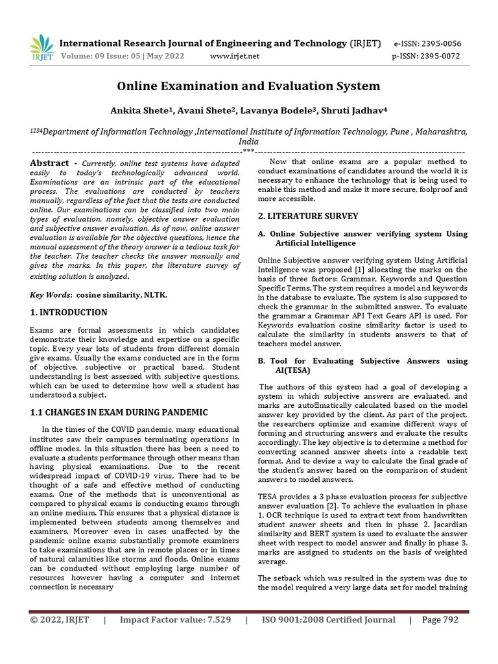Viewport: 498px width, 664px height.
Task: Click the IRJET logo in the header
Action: point(41,49)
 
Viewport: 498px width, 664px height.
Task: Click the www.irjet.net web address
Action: point(235,56)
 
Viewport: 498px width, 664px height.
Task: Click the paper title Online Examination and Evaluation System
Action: point(248,86)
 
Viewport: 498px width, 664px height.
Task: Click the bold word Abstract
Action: point(49,163)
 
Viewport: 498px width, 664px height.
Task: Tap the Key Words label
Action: point(50,295)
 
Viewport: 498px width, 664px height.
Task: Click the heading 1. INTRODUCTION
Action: point(69,313)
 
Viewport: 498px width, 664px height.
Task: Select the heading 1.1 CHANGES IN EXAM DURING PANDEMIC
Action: point(119,412)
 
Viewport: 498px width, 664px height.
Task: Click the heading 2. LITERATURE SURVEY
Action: point(308,216)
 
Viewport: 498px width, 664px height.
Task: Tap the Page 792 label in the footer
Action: point(440,620)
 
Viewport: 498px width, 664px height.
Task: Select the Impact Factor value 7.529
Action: point(175,620)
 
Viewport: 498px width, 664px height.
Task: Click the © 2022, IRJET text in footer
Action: point(60,620)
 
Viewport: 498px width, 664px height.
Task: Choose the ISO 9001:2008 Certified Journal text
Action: point(328,620)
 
